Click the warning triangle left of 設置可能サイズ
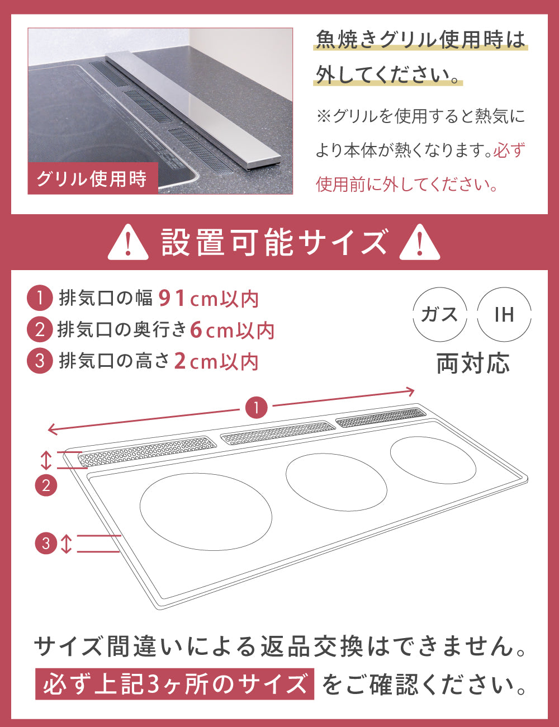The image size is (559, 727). point(128,243)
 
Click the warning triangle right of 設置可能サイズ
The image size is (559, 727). point(420,243)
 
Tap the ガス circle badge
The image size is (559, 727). point(439,314)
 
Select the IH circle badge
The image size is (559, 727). point(504,314)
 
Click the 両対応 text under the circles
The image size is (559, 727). point(473,363)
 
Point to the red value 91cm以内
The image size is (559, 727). point(209,299)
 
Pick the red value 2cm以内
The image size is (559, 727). point(216,361)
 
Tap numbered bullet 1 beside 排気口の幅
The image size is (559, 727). point(40,298)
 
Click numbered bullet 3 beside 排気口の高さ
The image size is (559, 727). point(40,361)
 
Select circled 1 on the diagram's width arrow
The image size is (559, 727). point(257,408)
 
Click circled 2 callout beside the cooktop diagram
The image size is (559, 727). point(46,485)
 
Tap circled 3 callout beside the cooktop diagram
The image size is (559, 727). point(46,543)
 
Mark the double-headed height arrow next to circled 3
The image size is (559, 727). point(67,544)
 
